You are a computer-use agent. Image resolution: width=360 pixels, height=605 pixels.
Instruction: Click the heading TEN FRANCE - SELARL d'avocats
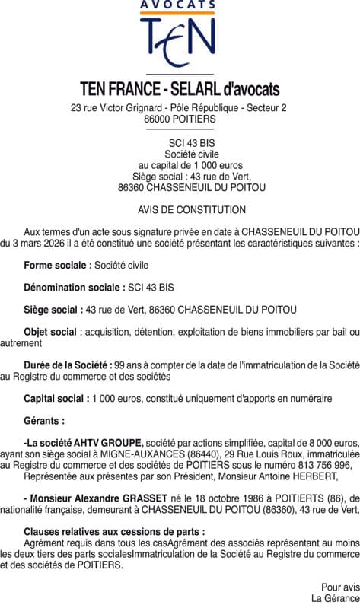click(x=180, y=89)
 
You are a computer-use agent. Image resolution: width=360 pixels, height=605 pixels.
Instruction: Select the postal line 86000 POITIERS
click(x=180, y=119)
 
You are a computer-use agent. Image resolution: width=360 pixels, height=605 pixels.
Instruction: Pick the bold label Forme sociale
click(x=57, y=266)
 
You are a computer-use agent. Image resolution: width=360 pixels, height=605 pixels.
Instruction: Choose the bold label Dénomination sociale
click(x=74, y=288)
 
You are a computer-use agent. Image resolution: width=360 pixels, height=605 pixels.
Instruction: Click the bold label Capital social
click(x=56, y=398)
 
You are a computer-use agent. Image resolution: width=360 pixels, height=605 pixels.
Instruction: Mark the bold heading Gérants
click(x=44, y=420)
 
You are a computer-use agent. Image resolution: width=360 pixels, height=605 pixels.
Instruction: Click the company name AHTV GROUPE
click(x=112, y=443)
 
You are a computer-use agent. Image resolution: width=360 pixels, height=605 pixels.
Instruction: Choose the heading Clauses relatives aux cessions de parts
click(x=114, y=532)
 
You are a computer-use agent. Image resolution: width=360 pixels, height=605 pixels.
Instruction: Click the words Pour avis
click(x=339, y=587)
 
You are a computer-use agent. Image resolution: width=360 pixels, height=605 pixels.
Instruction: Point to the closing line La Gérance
click(x=338, y=598)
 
